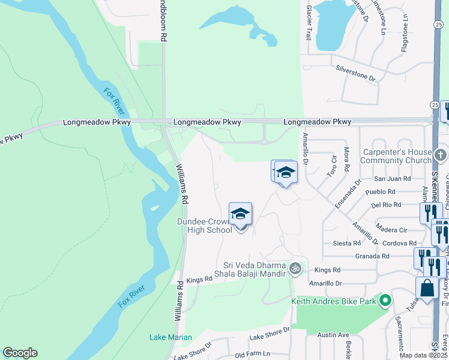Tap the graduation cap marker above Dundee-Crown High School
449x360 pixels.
coord(240,214)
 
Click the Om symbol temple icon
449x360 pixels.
coord(295,268)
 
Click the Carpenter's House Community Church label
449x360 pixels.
coord(396,156)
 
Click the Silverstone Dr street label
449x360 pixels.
coord(355,78)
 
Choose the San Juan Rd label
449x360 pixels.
coord(393,179)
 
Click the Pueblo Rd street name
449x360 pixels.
coord(383,192)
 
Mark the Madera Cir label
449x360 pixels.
coord(391,230)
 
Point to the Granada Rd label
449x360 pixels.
coord(373,256)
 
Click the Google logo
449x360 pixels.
coord(20,353)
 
